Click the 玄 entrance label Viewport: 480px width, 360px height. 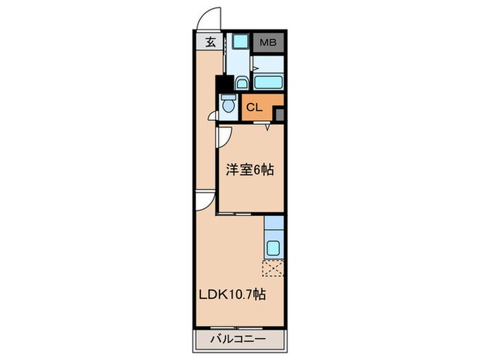[x=210, y=42]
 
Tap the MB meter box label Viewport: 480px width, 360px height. [x=268, y=42]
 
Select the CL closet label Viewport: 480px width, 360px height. [x=254, y=107]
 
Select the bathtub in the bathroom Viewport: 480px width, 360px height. [x=268, y=83]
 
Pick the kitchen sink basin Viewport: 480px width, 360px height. [x=273, y=248]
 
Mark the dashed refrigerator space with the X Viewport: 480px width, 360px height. [x=273, y=268]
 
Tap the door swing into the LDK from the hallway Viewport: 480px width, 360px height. [x=202, y=200]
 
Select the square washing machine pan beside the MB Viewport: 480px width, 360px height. [x=239, y=41]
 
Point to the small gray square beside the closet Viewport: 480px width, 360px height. [x=279, y=112]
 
